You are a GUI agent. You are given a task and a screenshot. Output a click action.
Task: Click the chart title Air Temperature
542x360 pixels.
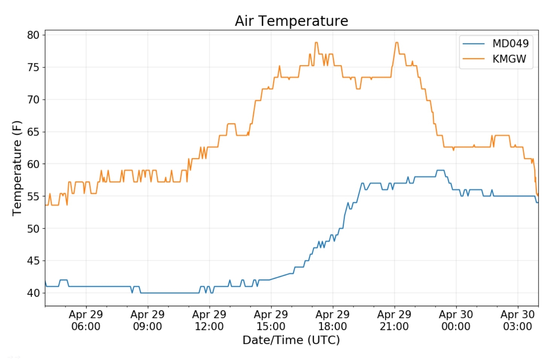point(291,21)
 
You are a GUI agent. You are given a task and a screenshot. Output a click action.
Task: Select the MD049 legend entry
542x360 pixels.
point(510,44)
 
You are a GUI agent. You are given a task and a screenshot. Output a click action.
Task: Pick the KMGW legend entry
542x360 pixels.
point(509,59)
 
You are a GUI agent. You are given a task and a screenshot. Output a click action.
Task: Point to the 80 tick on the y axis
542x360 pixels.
point(33,35)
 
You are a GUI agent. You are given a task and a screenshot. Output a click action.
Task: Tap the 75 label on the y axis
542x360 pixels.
point(33,67)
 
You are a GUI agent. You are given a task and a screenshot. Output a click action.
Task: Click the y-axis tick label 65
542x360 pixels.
point(33,132)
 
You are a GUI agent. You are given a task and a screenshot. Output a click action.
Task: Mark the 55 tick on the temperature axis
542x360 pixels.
point(33,196)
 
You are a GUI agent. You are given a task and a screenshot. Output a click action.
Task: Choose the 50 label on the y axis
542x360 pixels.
point(33,229)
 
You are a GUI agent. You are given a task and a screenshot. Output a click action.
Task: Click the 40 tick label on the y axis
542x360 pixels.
point(33,293)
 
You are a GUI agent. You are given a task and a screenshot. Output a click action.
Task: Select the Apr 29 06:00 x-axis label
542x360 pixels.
point(86,320)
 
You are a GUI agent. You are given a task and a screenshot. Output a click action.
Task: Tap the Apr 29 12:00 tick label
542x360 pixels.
point(209,320)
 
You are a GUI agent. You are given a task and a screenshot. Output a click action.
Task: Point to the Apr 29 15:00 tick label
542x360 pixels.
point(271,320)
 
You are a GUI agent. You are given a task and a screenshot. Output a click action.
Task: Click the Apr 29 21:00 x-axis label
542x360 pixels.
point(394,320)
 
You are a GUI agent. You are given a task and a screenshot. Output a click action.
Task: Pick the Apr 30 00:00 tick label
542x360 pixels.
point(456,320)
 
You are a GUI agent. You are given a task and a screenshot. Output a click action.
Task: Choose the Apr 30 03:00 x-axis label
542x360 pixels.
point(518,320)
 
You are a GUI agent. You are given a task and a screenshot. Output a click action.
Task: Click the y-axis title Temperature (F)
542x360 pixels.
point(17,168)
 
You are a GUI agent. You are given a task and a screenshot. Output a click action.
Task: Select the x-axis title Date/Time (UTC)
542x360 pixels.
point(291,340)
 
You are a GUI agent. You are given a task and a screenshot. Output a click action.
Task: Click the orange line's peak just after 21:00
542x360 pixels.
point(397,43)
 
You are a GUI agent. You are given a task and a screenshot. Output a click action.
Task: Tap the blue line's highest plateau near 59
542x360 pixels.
point(440,170)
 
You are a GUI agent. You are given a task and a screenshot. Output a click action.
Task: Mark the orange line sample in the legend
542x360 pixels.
point(473,59)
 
